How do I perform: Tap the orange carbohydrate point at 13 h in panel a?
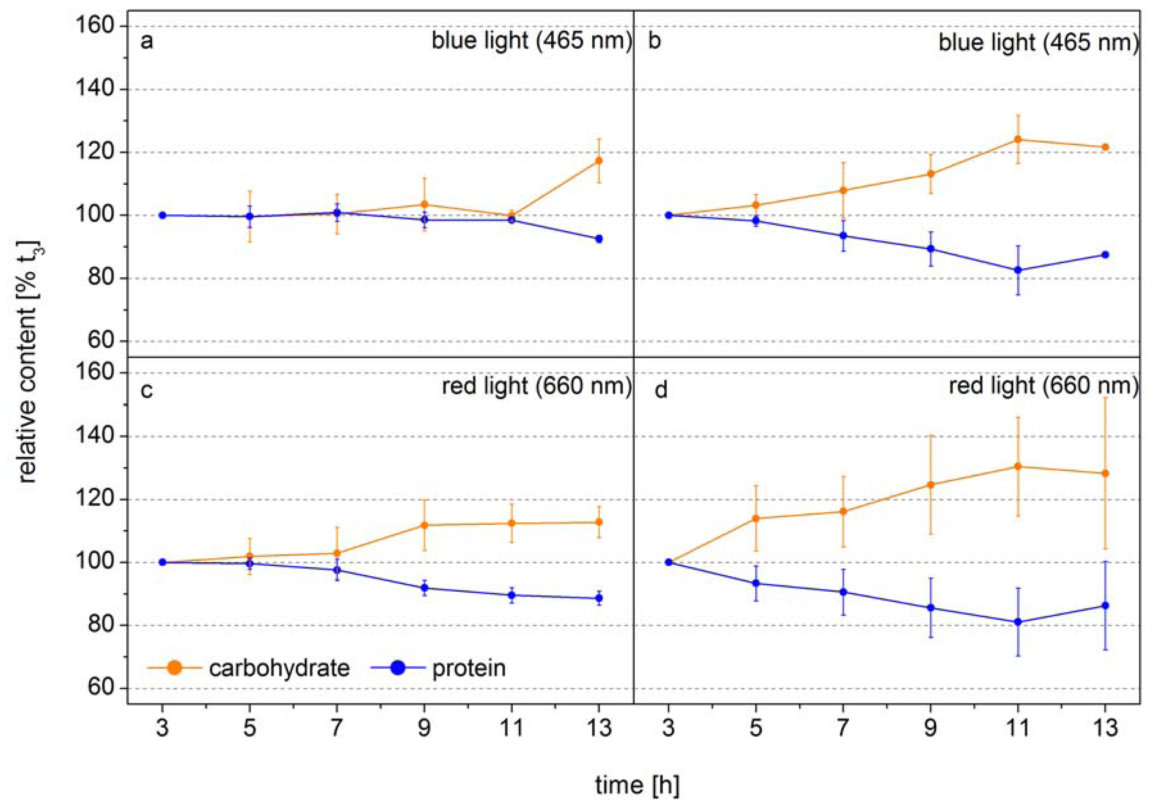coord(599,161)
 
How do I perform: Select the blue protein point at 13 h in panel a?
coord(599,239)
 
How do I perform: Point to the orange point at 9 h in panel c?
coord(424,525)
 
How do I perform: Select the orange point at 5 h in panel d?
coord(756,518)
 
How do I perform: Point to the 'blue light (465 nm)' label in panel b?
coord(1038,42)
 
